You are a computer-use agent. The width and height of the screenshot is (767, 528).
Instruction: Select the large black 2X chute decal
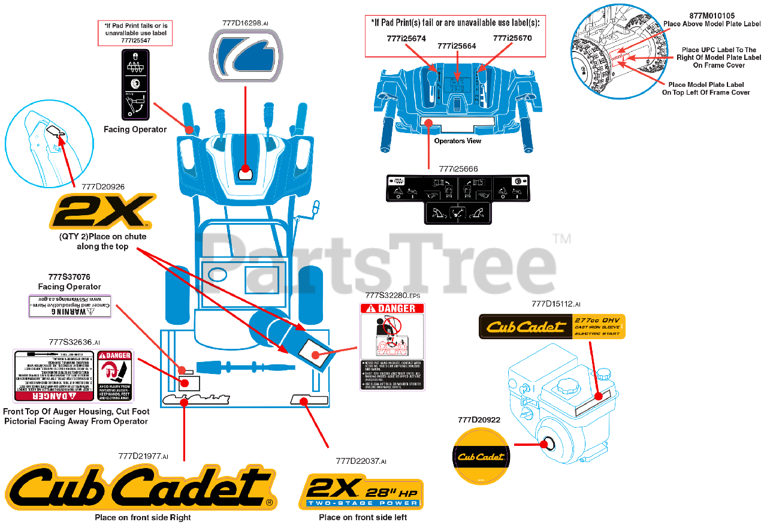point(102,211)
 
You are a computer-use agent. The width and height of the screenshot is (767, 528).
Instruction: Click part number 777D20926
point(102,186)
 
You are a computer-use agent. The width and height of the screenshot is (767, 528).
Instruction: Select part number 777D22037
point(361,461)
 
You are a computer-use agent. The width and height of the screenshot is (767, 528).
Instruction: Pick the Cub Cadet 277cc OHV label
point(551,326)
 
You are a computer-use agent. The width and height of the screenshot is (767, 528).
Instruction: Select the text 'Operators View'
point(457,141)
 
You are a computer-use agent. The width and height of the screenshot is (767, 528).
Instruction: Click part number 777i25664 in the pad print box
point(457,46)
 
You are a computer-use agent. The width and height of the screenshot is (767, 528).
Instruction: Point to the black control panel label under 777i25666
point(458,198)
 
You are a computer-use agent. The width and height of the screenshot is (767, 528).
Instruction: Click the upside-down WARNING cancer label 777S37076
point(70,306)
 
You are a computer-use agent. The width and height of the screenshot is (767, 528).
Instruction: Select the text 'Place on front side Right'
point(143,517)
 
